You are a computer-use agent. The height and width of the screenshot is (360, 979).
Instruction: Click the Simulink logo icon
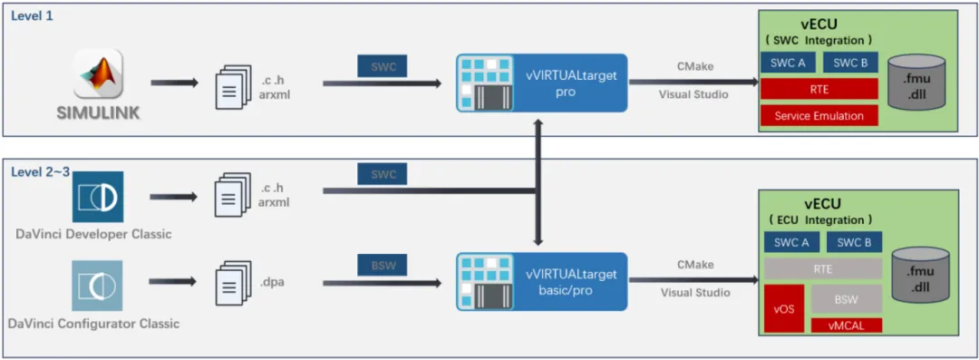98,73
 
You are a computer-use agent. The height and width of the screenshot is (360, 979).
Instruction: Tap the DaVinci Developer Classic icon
97,197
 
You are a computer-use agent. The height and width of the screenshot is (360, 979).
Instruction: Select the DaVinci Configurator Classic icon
97,286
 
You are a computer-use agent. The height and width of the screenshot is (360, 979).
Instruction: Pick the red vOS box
783,308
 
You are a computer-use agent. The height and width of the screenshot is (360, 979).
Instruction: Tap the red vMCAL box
846,325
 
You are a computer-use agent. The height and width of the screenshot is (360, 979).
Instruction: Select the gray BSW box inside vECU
846,298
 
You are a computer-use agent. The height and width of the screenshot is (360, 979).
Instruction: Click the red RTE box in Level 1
819,89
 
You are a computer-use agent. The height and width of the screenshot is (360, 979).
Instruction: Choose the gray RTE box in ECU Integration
823,268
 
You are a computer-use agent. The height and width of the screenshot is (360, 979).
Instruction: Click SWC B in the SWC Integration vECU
850,63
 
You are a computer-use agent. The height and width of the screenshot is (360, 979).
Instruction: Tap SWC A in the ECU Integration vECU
791,242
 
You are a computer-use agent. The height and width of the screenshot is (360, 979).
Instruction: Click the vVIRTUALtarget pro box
541,83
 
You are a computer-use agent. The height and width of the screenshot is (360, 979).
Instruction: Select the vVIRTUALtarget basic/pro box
541,282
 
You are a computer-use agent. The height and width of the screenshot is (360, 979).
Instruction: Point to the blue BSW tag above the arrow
382,265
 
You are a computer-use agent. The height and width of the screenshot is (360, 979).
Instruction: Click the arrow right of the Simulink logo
174,83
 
